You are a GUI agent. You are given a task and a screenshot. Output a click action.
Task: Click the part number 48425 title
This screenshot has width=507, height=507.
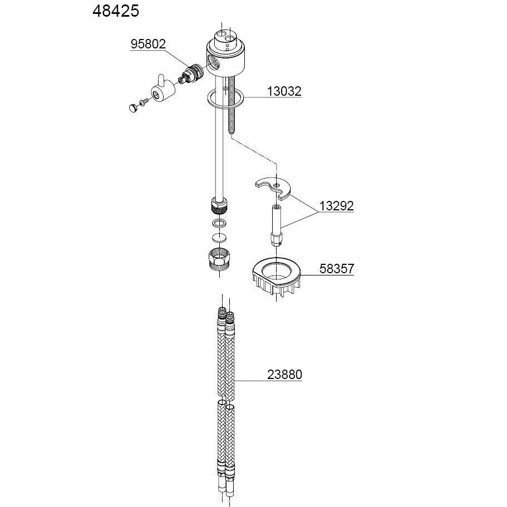(115, 11)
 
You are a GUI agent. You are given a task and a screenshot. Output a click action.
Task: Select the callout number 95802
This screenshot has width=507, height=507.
(148, 44)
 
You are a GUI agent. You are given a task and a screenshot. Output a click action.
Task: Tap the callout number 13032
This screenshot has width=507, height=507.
(284, 91)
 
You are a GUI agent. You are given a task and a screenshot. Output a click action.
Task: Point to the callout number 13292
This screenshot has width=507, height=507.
(336, 206)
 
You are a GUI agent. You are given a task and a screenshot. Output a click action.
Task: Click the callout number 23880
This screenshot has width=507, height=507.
(284, 375)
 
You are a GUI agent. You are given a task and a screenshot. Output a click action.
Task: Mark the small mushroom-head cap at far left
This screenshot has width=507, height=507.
(133, 108)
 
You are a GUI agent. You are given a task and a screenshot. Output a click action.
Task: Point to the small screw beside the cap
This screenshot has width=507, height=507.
(144, 102)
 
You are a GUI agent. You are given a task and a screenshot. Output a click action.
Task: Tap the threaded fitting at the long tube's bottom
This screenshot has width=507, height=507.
(220, 205)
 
